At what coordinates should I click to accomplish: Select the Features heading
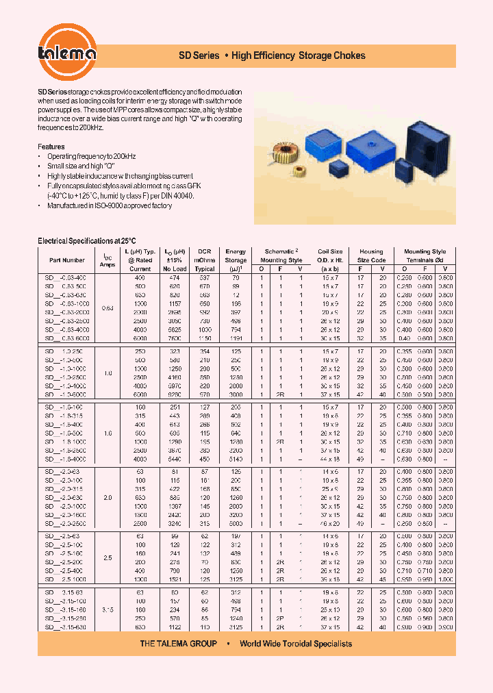pos(51,147)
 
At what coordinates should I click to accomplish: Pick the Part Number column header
pos(67,260)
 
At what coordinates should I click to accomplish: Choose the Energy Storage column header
pos(236,255)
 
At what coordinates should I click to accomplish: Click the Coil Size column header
pos(331,255)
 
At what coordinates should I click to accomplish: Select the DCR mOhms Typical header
pos(204,255)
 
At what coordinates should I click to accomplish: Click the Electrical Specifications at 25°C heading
pos(87,241)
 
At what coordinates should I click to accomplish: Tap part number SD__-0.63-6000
pos(66,338)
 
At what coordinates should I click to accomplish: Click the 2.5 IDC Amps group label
pos(108,558)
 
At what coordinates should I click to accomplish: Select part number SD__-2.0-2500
pos(66,522)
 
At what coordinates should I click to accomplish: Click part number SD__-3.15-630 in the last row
pos(66,626)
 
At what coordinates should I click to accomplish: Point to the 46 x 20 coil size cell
pos(331,522)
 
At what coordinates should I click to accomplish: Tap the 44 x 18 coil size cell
pos(331,459)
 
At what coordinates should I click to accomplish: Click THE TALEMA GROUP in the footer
pos(178,644)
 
